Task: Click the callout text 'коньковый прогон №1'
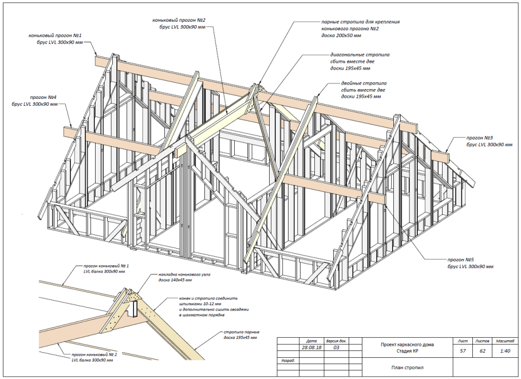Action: [55, 35]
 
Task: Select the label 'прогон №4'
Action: [43, 97]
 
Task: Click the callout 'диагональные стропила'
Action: [360, 54]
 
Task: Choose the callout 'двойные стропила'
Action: [364, 83]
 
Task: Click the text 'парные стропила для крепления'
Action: [361, 22]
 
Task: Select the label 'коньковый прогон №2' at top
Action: [181, 20]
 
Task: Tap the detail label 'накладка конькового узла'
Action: [184, 275]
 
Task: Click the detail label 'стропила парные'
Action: [242, 332]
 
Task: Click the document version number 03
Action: [336, 348]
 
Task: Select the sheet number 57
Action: [463, 351]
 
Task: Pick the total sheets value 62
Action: [482, 351]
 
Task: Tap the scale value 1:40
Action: [505, 351]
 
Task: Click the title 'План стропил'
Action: [408, 368]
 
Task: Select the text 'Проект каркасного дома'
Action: [407, 345]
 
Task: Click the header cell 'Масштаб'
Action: [505, 341]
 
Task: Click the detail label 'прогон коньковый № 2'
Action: [92, 354]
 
